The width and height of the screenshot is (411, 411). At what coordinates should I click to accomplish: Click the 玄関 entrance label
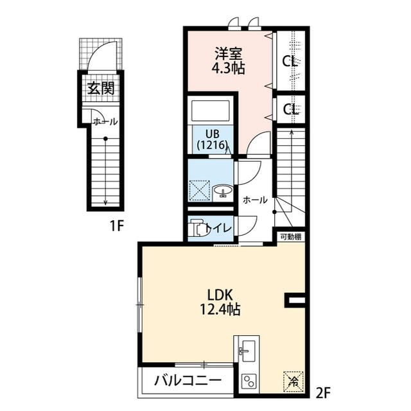click(x=101, y=88)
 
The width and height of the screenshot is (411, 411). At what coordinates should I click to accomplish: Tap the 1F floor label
click(x=117, y=225)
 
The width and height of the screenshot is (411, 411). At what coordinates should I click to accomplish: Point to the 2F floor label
click(x=322, y=393)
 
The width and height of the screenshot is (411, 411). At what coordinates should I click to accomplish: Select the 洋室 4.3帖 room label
click(x=229, y=61)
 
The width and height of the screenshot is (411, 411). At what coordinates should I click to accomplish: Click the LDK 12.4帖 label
click(x=220, y=302)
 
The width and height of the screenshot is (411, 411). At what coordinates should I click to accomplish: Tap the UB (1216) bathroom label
click(x=213, y=139)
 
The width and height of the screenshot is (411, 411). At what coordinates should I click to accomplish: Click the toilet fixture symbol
click(x=197, y=227)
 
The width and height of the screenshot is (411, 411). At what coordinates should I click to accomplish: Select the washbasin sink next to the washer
click(x=222, y=190)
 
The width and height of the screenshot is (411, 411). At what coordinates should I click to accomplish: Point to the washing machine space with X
click(x=199, y=191)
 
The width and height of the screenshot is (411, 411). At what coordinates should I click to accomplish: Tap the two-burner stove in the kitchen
click(x=249, y=381)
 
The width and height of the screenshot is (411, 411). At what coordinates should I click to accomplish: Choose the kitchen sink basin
click(x=248, y=351)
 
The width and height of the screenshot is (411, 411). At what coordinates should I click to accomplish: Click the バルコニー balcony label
click(x=188, y=381)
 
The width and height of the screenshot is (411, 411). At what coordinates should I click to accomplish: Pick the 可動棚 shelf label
click(x=291, y=237)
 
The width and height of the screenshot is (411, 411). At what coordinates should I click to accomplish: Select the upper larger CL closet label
click(x=290, y=62)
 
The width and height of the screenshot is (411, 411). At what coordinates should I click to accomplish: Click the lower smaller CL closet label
click(x=290, y=109)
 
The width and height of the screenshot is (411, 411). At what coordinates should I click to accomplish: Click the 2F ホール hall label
click(x=255, y=200)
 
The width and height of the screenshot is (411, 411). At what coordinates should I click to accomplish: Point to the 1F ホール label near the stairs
click(x=105, y=121)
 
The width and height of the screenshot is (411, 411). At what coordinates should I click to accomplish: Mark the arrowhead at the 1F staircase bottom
click(x=105, y=203)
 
